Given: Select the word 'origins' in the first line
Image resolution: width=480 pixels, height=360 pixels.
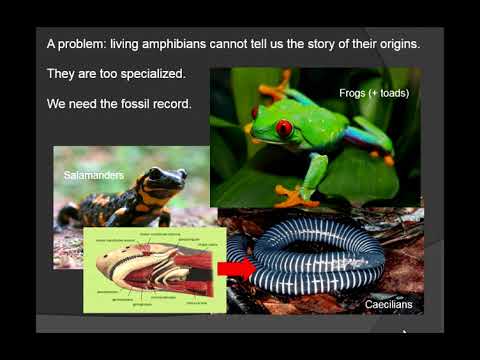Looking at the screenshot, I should tap(402, 46).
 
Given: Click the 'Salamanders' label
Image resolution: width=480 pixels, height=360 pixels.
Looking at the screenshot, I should tap(92, 176).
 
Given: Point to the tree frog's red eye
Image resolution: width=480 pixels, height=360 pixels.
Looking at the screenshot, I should tap(285, 128).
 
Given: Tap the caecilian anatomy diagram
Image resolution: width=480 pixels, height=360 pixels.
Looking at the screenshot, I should tap(150, 268).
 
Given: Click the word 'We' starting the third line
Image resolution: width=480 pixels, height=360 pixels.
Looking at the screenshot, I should tap(57, 104).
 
